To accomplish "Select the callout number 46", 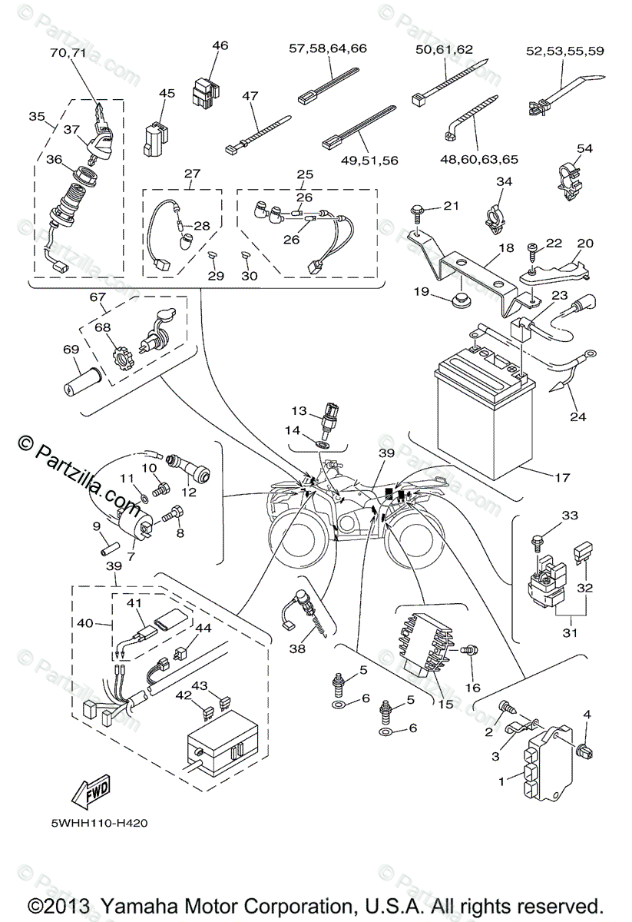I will (x=220, y=46).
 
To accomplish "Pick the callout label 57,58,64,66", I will (x=328, y=48).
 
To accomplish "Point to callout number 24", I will (x=577, y=417).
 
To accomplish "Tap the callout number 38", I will (x=296, y=648).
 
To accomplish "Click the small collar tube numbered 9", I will (x=108, y=552).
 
